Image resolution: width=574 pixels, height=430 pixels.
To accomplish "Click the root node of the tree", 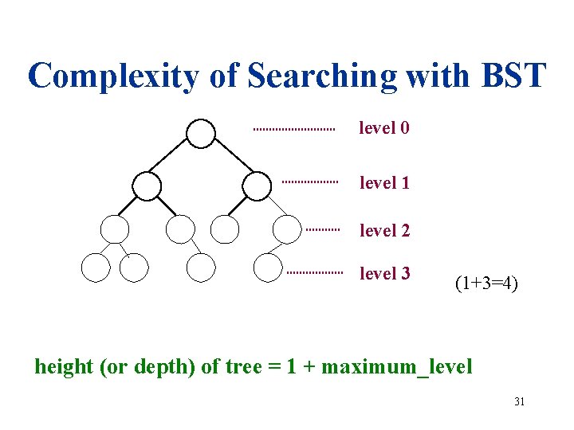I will (x=201, y=133).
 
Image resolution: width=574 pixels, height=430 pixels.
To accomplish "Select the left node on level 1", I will (x=146, y=186).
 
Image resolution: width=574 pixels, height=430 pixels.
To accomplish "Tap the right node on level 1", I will (x=256, y=186).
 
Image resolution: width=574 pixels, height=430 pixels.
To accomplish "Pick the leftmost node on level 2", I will (x=115, y=229).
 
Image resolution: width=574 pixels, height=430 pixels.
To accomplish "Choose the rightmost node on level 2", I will (x=287, y=229).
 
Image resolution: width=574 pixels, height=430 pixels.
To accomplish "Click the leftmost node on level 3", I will (x=96, y=268).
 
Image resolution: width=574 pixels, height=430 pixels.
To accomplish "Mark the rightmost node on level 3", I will (x=268, y=268).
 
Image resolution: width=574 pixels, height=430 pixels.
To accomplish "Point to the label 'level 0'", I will (x=384, y=127).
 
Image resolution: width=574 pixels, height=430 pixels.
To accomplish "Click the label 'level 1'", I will (x=384, y=182).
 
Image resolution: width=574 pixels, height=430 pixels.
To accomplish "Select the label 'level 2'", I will (x=384, y=230).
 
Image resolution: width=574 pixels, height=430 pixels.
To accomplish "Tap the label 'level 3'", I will (x=384, y=273).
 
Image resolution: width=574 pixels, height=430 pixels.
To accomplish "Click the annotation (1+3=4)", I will (x=486, y=282).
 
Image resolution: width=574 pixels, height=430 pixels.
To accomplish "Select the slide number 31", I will (x=519, y=401).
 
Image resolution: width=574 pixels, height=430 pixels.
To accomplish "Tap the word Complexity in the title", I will (x=112, y=76).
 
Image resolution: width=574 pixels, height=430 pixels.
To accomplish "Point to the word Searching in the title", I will (x=322, y=76).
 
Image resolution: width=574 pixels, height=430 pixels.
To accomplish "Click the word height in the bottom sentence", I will (x=61, y=367).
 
